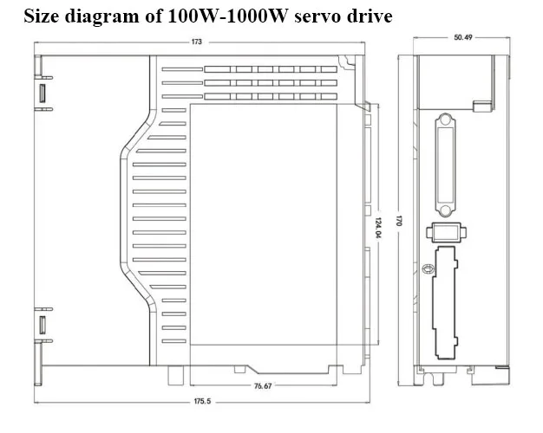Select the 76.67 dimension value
tap(262, 385)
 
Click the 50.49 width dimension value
tap(462, 38)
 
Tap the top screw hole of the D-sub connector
tap(445, 122)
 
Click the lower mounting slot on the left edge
tap(42, 326)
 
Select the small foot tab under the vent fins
tap(177, 375)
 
